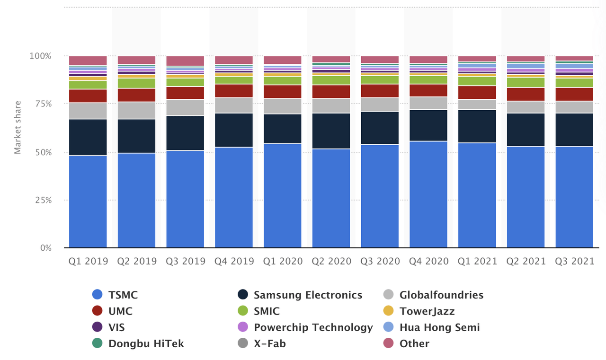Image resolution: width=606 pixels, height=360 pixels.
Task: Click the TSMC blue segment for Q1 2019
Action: coord(88,202)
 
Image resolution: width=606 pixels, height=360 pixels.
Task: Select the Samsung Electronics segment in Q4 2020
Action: coord(428,125)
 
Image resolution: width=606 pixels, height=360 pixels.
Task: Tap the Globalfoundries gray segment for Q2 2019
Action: coord(136,110)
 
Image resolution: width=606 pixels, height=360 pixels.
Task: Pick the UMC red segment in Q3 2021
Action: coord(574,94)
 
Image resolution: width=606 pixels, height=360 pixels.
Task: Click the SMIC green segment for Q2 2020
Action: coord(331,80)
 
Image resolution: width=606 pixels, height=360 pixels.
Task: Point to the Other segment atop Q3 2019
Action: coord(185,61)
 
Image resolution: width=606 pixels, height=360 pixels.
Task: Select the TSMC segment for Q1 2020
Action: coord(282,195)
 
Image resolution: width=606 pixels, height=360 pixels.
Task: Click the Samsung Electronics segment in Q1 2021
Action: coord(477,126)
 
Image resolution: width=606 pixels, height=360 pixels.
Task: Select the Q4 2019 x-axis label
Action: coord(234,261)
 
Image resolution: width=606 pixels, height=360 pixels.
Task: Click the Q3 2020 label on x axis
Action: coord(380,261)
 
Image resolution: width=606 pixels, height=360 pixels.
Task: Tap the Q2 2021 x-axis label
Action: coord(526,261)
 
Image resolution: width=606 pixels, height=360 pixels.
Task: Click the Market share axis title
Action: coord(18,127)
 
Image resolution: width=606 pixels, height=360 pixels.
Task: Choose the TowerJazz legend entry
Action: coord(427,311)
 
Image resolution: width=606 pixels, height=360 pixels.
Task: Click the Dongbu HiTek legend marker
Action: coord(98,343)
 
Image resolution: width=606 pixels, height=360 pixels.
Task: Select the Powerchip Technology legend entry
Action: coord(313,327)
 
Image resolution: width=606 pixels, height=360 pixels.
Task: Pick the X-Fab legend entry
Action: coord(269,343)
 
